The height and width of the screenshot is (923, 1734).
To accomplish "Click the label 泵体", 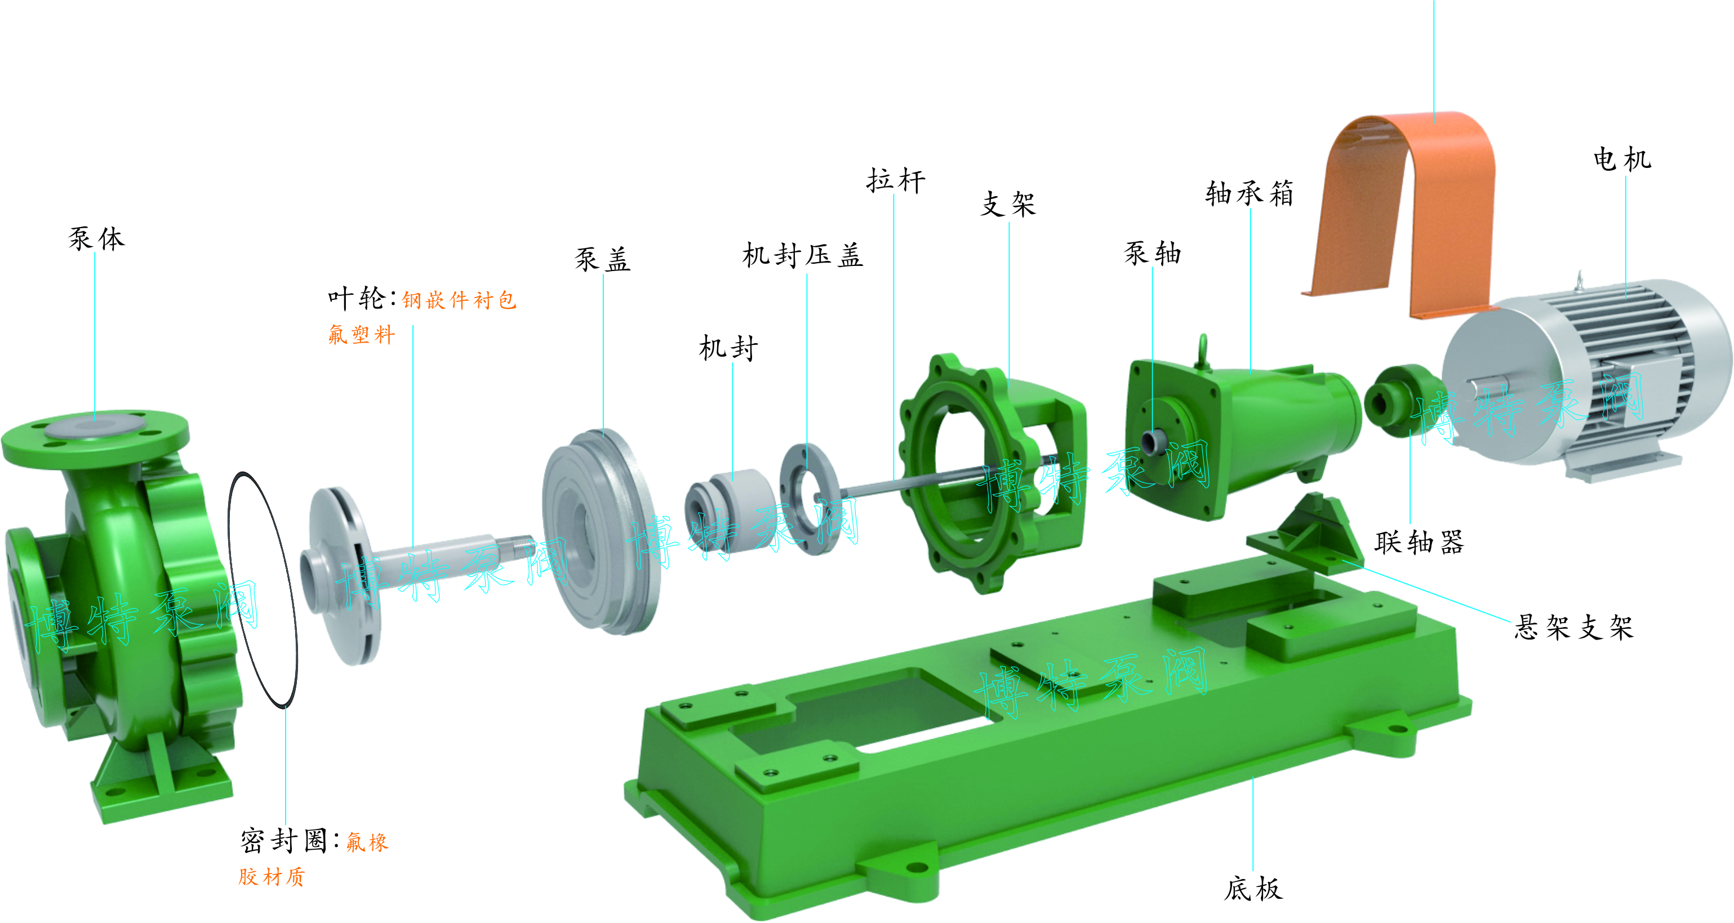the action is point(96,238).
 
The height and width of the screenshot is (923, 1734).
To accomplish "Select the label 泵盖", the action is point(602,259).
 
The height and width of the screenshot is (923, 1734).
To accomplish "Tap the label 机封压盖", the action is point(802,255).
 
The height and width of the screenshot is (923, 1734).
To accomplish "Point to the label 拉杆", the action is point(895,180).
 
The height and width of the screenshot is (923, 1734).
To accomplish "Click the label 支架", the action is point(1008,203).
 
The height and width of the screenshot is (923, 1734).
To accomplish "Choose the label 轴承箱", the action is point(1250,193).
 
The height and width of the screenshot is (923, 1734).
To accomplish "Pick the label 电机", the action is point(1622,159).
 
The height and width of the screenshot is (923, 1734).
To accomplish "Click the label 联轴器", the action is point(1419,542).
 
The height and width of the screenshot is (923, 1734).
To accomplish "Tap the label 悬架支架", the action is point(1574,627).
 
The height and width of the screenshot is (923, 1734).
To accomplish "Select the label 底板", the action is point(1253,888).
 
